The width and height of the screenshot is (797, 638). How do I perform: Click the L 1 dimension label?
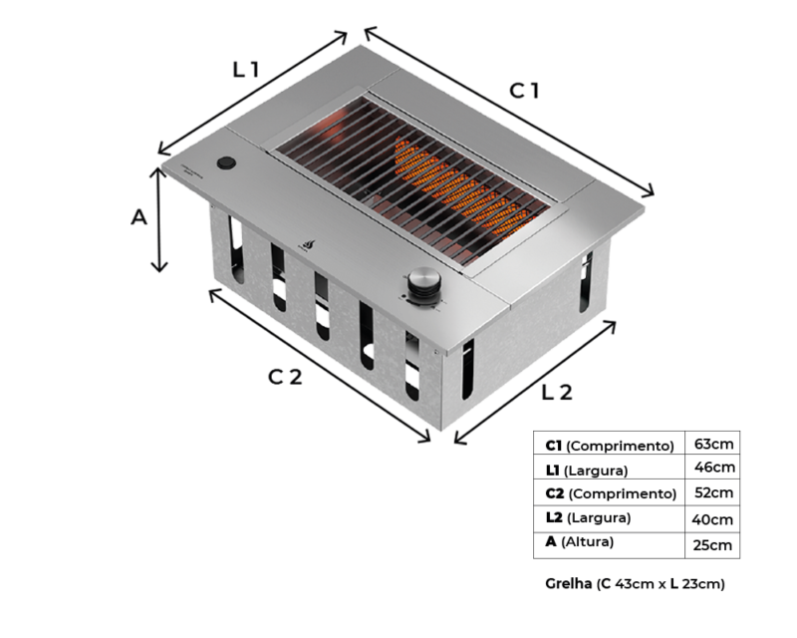[246, 69]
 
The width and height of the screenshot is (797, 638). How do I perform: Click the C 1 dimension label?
[524, 91]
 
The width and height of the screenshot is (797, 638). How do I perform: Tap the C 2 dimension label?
[285, 377]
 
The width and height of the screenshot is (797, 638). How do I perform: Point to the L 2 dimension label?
[557, 392]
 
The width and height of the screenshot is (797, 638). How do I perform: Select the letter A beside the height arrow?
[138, 217]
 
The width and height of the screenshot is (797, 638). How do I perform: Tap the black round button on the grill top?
[226, 163]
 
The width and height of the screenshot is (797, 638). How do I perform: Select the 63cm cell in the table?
[713, 444]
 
